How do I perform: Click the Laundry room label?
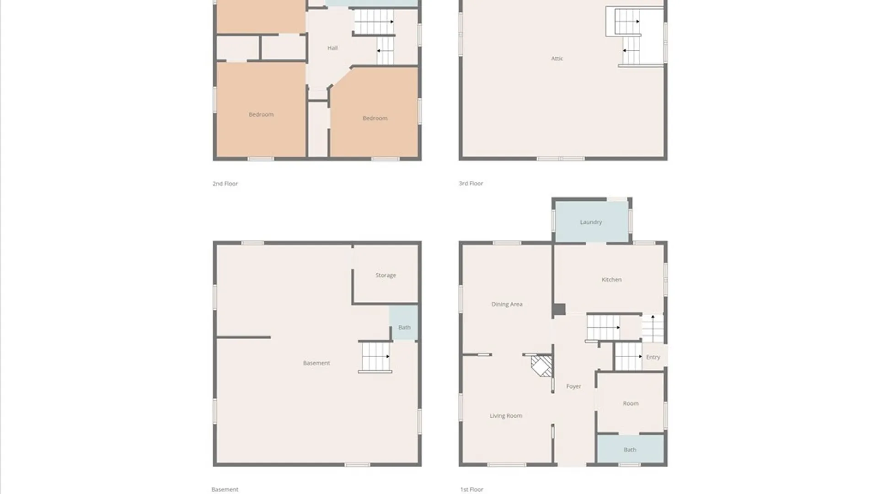pyautogui.click(x=591, y=222)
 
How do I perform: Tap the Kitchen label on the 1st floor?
pyautogui.click(x=611, y=279)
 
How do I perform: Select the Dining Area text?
pyautogui.click(x=507, y=304)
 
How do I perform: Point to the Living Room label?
pyautogui.click(x=506, y=416)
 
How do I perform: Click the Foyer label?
pyautogui.click(x=573, y=387)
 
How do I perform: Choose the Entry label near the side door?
pyautogui.click(x=653, y=357)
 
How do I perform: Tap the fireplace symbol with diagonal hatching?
pyautogui.click(x=541, y=366)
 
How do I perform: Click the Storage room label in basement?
pyautogui.click(x=385, y=275)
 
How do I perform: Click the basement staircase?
pyautogui.click(x=375, y=357)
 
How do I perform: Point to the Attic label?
pyautogui.click(x=557, y=59)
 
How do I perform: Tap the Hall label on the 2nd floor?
pyautogui.click(x=332, y=48)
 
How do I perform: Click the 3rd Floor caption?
pyautogui.click(x=471, y=183)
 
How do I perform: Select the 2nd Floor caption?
pyautogui.click(x=225, y=184)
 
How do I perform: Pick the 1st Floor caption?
pyautogui.click(x=471, y=489)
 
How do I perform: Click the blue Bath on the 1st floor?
pyautogui.click(x=630, y=449)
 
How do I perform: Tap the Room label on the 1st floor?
pyautogui.click(x=631, y=403)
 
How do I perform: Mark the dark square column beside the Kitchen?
pyautogui.click(x=559, y=310)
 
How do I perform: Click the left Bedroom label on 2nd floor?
pyautogui.click(x=261, y=115)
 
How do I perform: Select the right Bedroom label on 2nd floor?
pyautogui.click(x=375, y=118)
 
